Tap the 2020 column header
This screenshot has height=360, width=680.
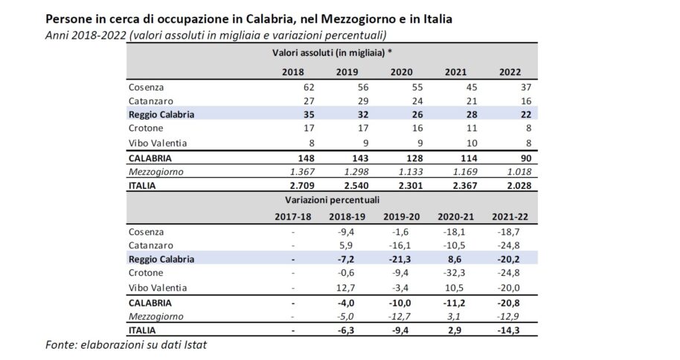401,71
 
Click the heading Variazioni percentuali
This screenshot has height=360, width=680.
332,200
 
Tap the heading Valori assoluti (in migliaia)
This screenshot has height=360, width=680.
333,53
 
